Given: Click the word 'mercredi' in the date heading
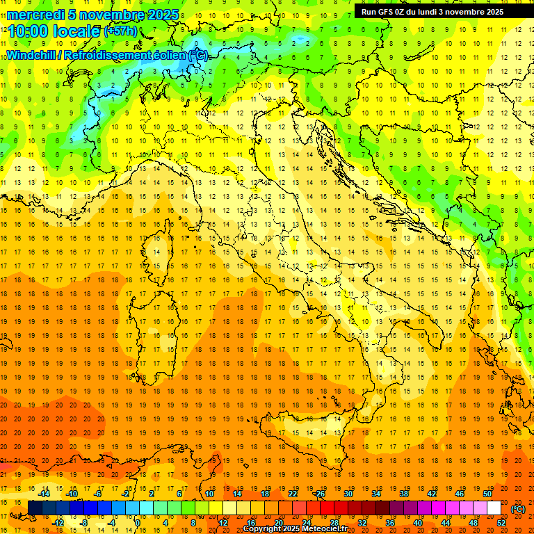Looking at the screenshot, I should [x=34, y=15].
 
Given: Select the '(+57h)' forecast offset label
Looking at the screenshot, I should [x=120, y=31].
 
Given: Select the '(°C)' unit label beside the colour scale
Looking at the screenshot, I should [x=518, y=509].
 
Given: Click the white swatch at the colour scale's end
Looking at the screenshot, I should [x=494, y=508].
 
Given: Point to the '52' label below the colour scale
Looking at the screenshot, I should [x=501, y=523].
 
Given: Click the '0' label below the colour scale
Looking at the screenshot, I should [x=137, y=523].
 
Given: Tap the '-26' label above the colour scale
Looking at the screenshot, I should [x=319, y=494].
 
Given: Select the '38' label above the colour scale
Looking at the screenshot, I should [x=403, y=494].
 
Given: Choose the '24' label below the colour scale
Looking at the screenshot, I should [x=306, y=523].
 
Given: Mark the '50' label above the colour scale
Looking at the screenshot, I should [x=487, y=494].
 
